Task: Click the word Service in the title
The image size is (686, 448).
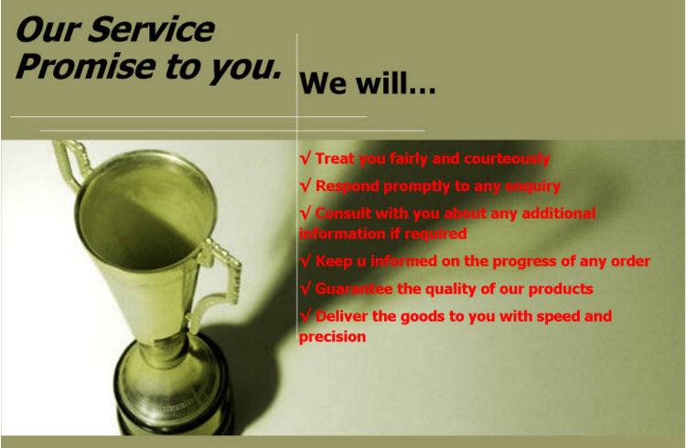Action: [151, 29]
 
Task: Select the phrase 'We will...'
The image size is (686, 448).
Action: [367, 82]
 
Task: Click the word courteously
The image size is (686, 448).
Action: [507, 159]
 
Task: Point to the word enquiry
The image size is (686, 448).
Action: [533, 187]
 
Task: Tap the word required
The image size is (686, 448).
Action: [435, 234]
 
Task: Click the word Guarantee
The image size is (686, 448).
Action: [353, 289]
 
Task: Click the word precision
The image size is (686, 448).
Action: [333, 336]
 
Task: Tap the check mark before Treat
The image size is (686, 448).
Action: [305, 158]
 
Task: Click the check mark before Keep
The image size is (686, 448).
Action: [305, 261]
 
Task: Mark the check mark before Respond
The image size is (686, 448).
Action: [305, 186]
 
